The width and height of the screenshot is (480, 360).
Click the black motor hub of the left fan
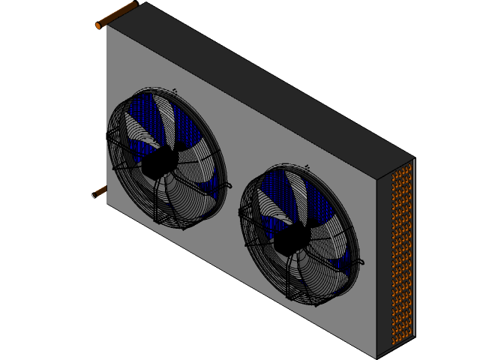tap(160, 162)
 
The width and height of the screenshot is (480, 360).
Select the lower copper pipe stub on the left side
tap(100, 192)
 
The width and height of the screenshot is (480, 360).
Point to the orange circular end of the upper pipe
tap(98, 26)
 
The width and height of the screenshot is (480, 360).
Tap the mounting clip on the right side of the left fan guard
tap(226, 184)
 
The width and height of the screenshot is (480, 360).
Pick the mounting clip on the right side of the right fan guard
tap(361, 262)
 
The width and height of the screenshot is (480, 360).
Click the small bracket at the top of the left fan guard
tap(174, 91)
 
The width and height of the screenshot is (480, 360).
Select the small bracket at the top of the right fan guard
tap(307, 166)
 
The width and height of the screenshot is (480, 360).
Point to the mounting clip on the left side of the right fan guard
tap(242, 213)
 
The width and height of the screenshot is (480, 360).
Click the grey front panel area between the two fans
tap(232, 150)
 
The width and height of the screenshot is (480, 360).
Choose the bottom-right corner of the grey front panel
tap(376, 356)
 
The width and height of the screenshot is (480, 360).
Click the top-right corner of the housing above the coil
tap(413, 158)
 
